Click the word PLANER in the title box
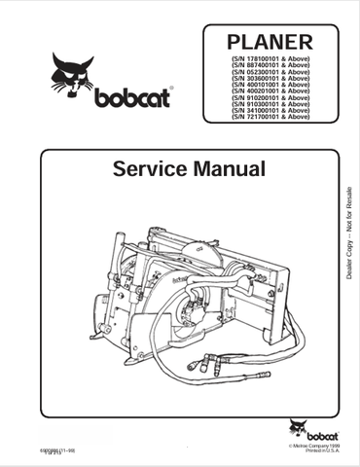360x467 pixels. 270,43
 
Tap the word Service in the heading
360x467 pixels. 147,169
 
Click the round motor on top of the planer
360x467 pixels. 206,251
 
